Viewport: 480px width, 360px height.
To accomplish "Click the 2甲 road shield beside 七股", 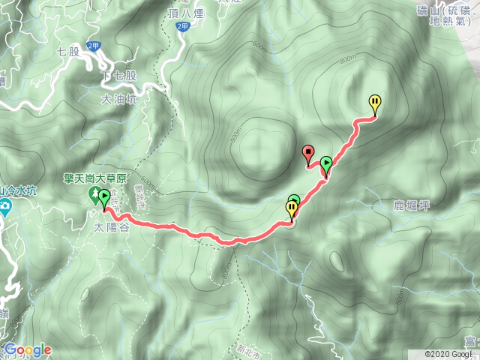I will [94, 46].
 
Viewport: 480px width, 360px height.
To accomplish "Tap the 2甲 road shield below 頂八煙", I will [182, 26].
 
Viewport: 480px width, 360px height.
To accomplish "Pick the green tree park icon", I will [91, 196].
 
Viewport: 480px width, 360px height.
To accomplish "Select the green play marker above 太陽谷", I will [103, 199].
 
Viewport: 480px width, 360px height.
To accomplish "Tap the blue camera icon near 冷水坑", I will [5, 206].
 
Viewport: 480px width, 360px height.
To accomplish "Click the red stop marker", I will [308, 154].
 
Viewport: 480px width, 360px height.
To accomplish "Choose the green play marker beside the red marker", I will [325, 164].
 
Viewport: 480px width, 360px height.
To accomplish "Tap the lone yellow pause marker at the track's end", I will [375, 103].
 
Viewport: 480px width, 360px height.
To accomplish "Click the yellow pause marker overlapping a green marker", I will [291, 208].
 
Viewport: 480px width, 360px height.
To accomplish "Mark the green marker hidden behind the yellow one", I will [295, 199].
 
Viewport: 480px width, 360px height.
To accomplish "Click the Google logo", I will [27, 349].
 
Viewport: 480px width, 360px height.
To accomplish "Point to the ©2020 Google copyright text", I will [451, 354].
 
